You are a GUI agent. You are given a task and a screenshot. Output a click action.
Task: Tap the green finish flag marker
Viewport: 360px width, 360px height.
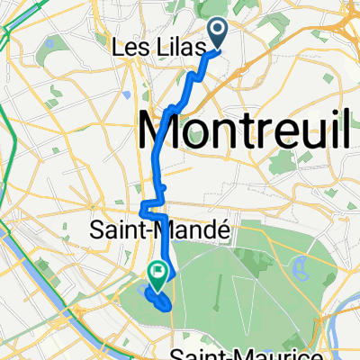(x=159, y=269)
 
